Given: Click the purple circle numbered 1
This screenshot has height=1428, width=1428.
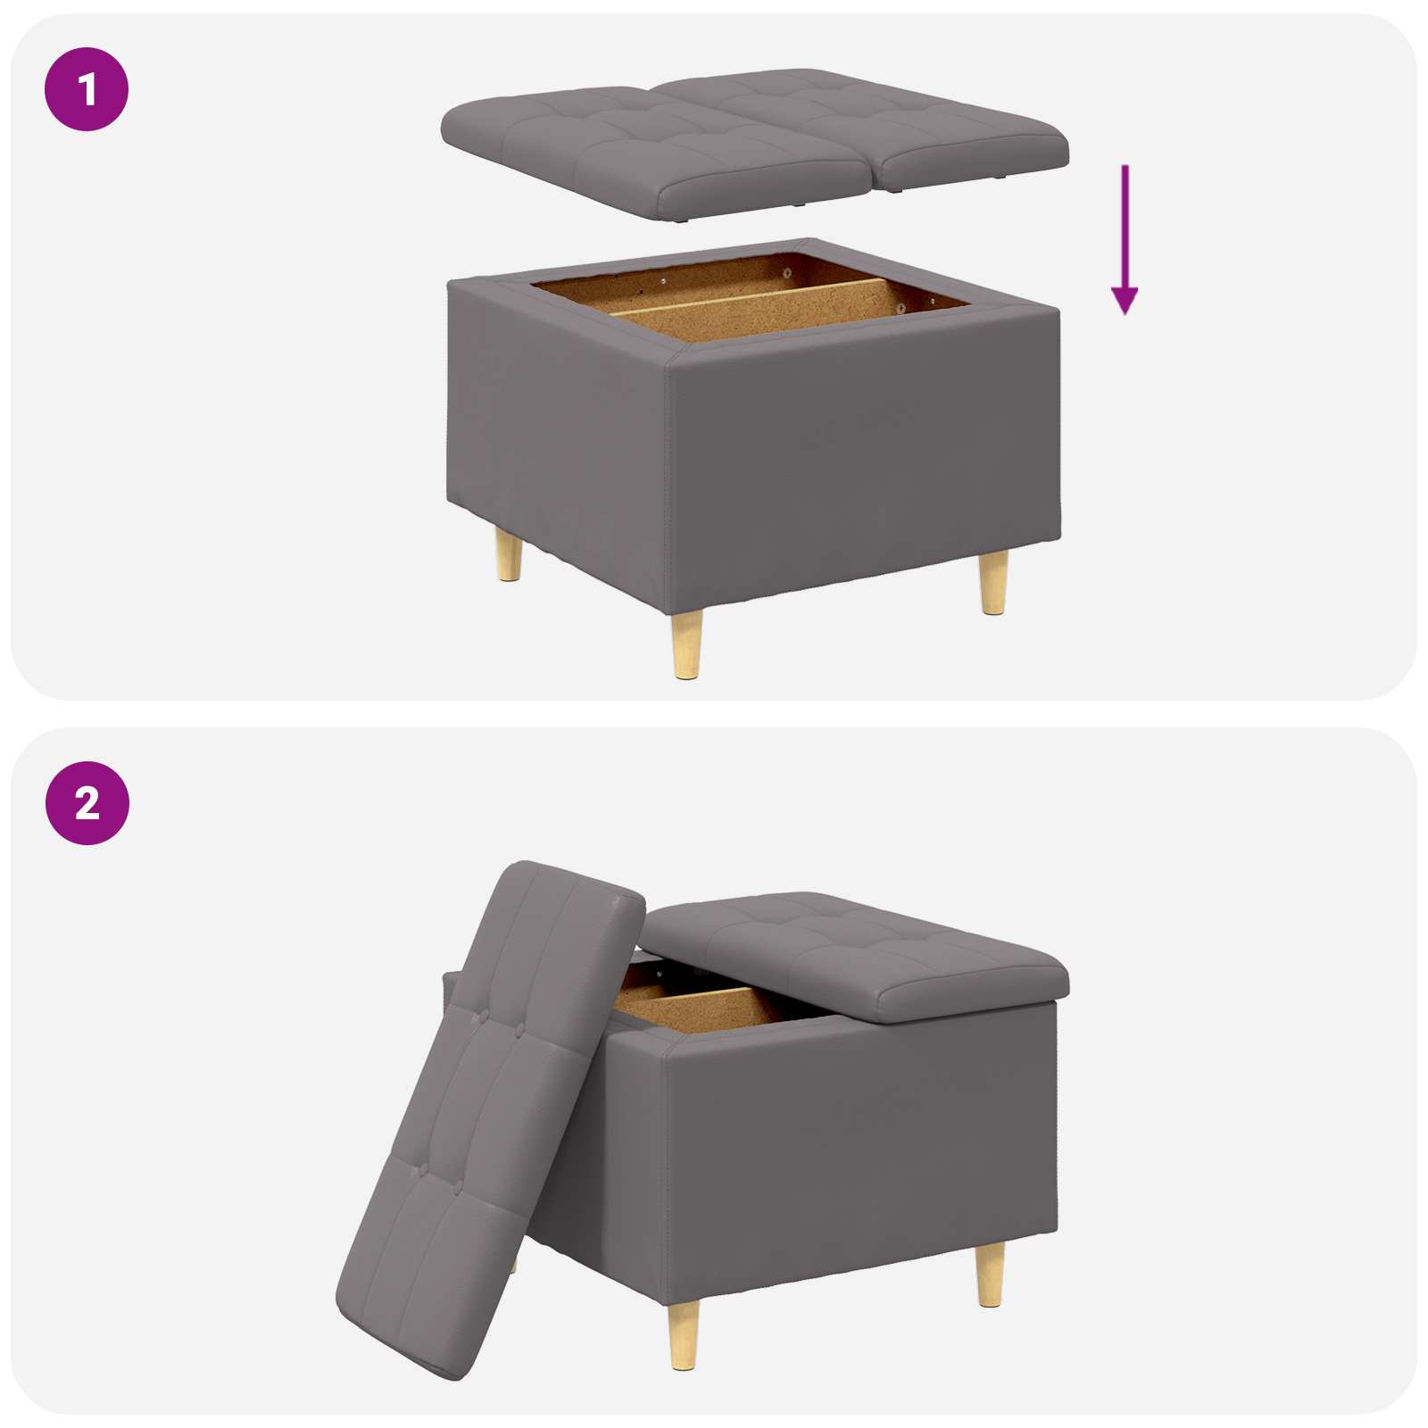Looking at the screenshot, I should [87, 89].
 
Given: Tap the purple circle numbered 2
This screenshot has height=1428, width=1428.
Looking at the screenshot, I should [87, 803].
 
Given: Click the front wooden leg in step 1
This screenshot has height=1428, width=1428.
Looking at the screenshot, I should [686, 644].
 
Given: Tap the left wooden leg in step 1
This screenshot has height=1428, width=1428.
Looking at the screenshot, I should [510, 555].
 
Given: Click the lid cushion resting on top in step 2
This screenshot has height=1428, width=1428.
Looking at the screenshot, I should [857, 955].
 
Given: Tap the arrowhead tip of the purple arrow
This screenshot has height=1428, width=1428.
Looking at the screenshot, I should [1125, 313].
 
